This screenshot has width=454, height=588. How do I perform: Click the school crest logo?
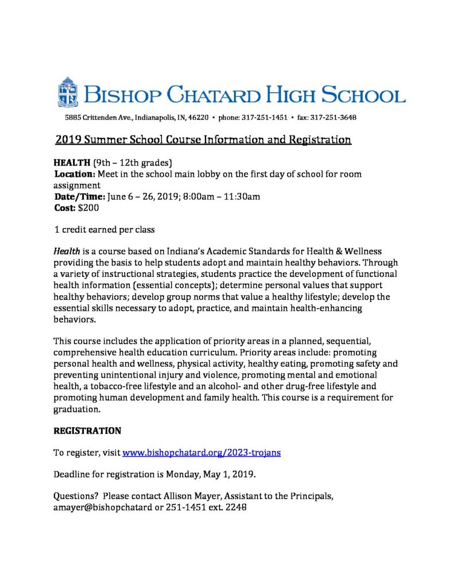pyautogui.click(x=67, y=92)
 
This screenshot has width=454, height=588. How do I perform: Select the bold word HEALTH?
pyautogui.click(x=71, y=161)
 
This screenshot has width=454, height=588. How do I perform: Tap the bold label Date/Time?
pyautogui.click(x=79, y=197)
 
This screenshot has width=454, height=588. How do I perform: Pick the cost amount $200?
pyautogui.click(x=88, y=208)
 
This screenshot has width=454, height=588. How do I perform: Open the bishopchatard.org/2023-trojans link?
pyautogui.click(x=201, y=452)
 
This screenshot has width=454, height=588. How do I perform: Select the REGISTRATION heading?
pyautogui.click(x=87, y=430)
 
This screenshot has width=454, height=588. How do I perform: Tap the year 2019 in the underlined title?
pyautogui.click(x=69, y=140)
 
